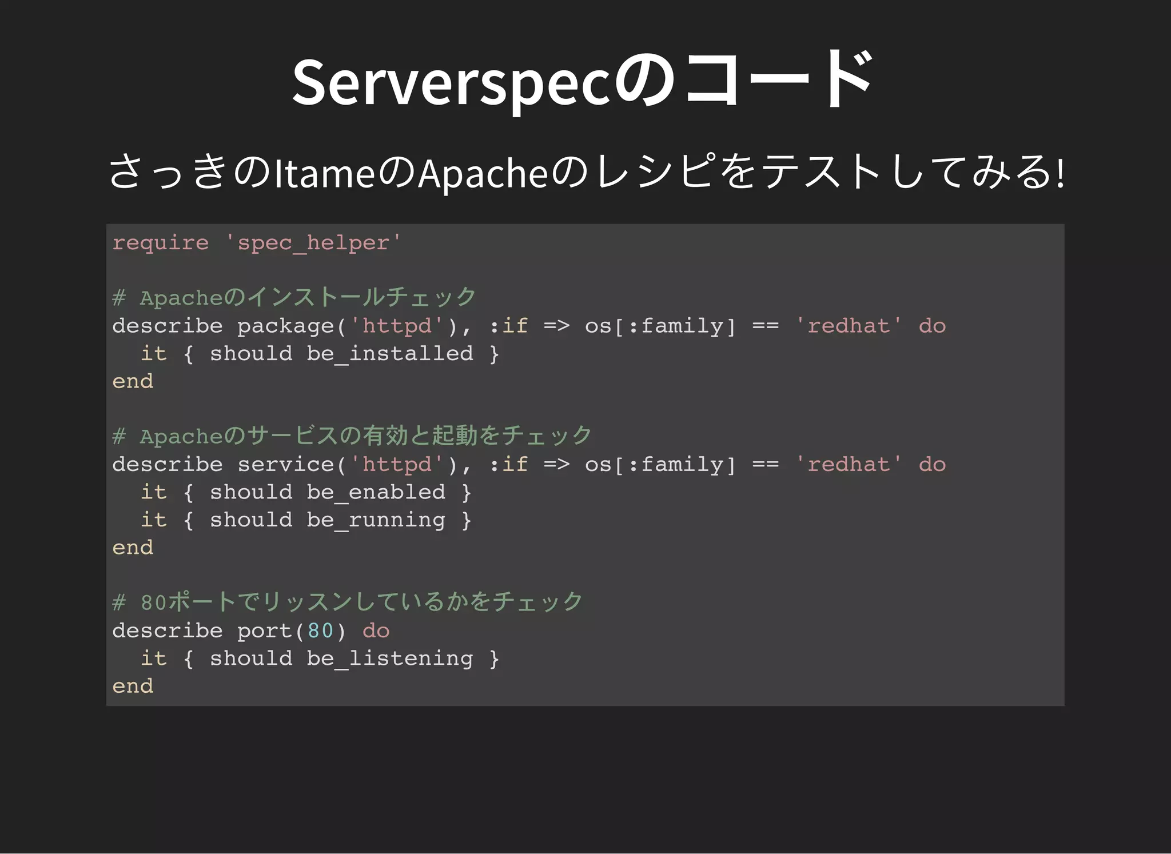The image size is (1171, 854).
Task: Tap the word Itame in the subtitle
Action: [x=324, y=173]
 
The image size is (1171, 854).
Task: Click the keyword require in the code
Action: [x=160, y=243]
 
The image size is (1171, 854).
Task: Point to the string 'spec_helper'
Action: [x=313, y=243]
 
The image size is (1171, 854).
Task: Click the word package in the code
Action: [x=285, y=326]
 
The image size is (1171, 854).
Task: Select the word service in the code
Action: [x=285, y=465]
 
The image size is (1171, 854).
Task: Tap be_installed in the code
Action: [x=390, y=354]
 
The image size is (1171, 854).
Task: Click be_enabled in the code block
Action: [x=376, y=492]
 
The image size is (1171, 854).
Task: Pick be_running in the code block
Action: [x=376, y=520]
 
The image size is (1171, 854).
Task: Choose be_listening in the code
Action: [x=390, y=659]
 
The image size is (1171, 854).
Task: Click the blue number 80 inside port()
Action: [x=320, y=630]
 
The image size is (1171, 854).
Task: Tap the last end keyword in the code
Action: [x=133, y=686]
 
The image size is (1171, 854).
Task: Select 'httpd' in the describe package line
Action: [x=397, y=326]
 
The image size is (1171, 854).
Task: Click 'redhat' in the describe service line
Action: [x=849, y=465]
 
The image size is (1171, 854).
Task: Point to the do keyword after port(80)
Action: [x=376, y=630]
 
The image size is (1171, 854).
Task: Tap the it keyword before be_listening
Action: [x=154, y=659]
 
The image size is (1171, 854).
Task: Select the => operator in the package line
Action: [x=556, y=326]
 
